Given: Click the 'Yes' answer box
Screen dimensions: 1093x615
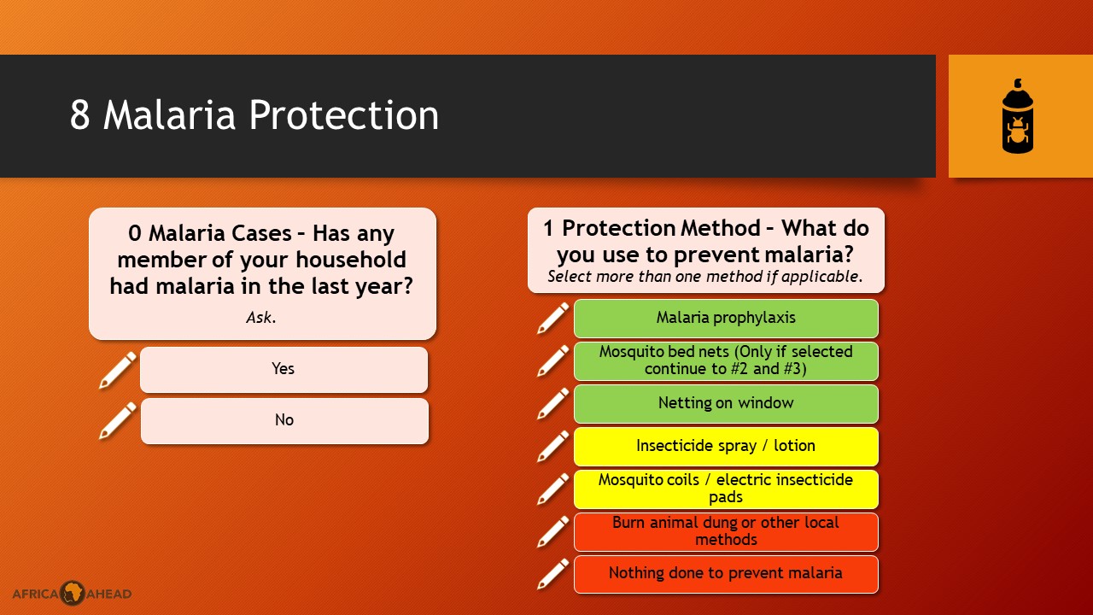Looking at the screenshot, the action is point(284,370).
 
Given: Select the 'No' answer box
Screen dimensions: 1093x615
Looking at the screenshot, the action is point(284,421).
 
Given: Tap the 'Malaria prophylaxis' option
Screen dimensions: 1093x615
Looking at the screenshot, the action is point(726,319).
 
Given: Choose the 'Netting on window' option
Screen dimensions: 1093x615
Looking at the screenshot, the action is point(726,404).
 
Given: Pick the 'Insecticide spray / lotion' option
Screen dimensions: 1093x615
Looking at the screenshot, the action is point(726,447).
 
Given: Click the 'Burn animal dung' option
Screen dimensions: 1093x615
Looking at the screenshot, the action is point(726,531).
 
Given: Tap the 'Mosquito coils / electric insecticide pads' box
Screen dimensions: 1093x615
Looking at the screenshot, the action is point(726,489).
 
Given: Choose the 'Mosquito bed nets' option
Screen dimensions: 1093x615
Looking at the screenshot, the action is point(726,361).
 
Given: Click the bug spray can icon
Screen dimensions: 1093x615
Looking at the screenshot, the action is point(1017,116).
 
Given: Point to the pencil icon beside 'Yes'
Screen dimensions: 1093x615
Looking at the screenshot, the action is point(118,370).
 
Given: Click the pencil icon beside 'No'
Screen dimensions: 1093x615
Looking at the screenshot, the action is point(118,421).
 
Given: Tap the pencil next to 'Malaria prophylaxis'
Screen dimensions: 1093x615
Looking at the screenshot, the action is point(552,319).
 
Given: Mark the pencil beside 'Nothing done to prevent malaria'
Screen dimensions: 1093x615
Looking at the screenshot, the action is point(552,574).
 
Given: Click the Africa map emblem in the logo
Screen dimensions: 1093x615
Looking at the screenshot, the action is point(73,593).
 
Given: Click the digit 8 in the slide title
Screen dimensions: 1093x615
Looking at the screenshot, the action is point(80,115).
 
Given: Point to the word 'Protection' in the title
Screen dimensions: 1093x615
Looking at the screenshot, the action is point(344,115).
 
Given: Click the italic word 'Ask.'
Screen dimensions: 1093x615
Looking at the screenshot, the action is point(261,318).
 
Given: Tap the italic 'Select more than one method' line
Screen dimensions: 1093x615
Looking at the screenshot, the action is point(705,277).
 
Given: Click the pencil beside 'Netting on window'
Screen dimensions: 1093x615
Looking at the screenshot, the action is point(552,404).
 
